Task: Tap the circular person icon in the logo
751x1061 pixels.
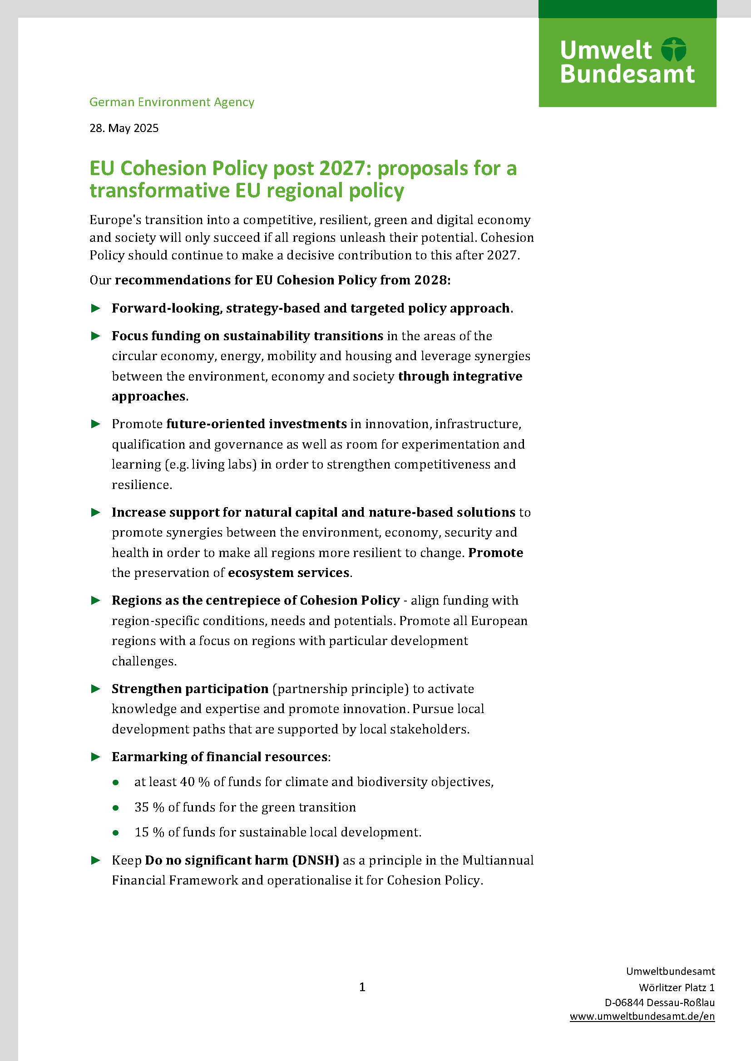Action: [673, 49]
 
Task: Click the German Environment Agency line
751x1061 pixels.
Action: [172, 102]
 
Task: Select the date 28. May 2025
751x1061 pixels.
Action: [124, 128]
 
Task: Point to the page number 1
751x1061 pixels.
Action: [362, 987]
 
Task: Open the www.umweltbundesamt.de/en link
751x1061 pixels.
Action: [642, 1017]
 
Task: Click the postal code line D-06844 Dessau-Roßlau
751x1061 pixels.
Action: [659, 1002]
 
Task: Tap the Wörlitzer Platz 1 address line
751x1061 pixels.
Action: [677, 988]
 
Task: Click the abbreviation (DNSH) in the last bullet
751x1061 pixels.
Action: [316, 860]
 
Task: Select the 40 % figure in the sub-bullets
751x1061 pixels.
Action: [195, 782]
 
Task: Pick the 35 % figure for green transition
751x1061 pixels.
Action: [149, 807]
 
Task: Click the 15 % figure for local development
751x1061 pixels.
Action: [149, 832]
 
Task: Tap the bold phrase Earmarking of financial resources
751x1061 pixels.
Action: [220, 757]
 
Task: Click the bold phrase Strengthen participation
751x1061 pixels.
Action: [190, 689]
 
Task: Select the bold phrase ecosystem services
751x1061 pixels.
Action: [289, 572]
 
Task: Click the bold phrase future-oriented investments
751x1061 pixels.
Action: [256, 424]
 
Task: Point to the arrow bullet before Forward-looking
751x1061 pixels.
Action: [96, 308]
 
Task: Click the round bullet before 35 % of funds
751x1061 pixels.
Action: [116, 808]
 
